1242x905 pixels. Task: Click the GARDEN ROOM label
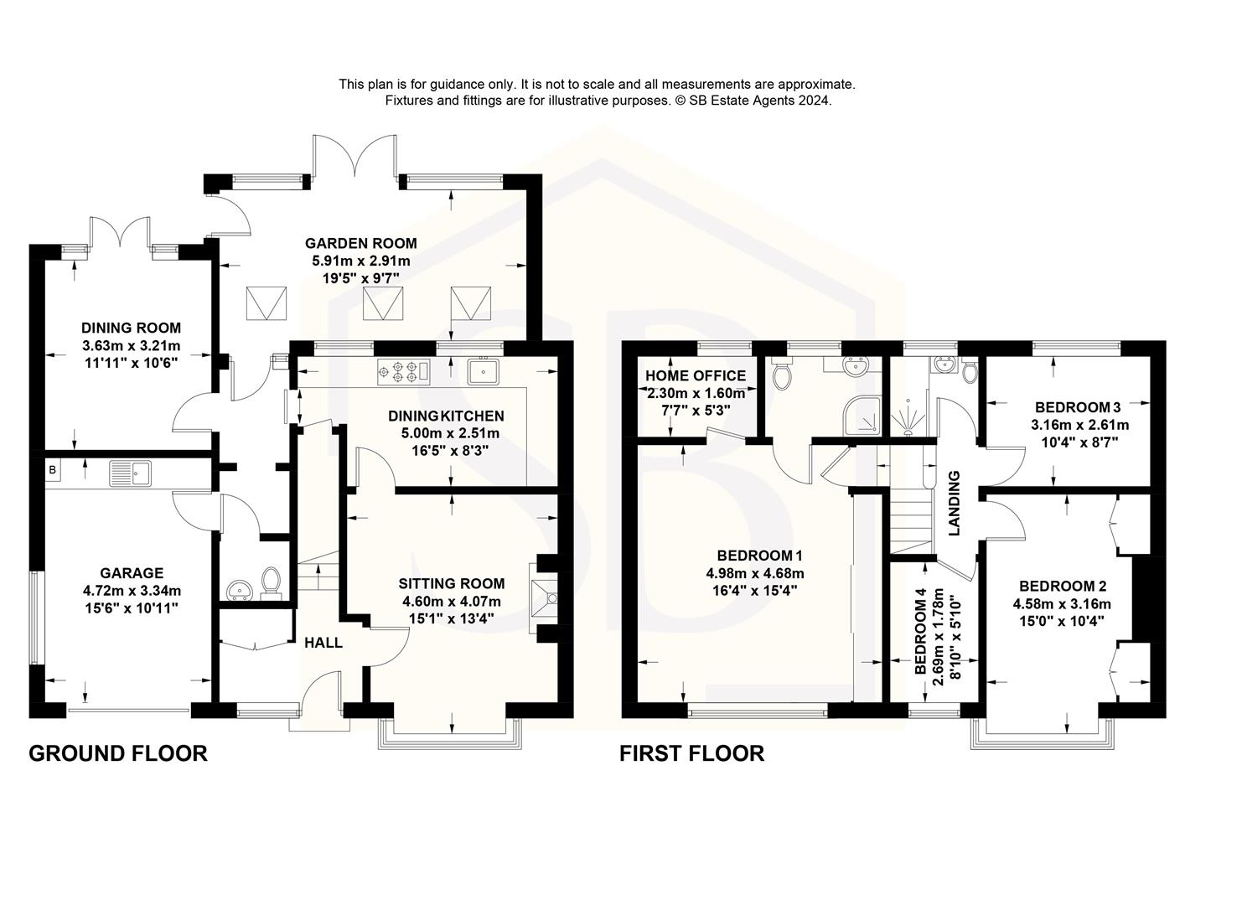[360, 244]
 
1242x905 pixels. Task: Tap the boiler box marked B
[52, 470]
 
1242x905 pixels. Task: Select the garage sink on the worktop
[129, 474]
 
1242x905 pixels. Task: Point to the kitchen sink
[483, 370]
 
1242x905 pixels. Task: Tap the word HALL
[323, 643]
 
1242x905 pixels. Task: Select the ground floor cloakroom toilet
[271, 581]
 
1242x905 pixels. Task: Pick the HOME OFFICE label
[696, 376]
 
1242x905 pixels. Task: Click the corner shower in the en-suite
[862, 416]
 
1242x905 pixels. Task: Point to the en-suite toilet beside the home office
[782, 375]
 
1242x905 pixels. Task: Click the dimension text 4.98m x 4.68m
[754, 573]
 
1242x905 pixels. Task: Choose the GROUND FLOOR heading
[118, 753]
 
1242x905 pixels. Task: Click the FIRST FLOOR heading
[691, 753]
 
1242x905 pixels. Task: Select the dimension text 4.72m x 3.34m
[132, 590]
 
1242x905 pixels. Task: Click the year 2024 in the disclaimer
[814, 101]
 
